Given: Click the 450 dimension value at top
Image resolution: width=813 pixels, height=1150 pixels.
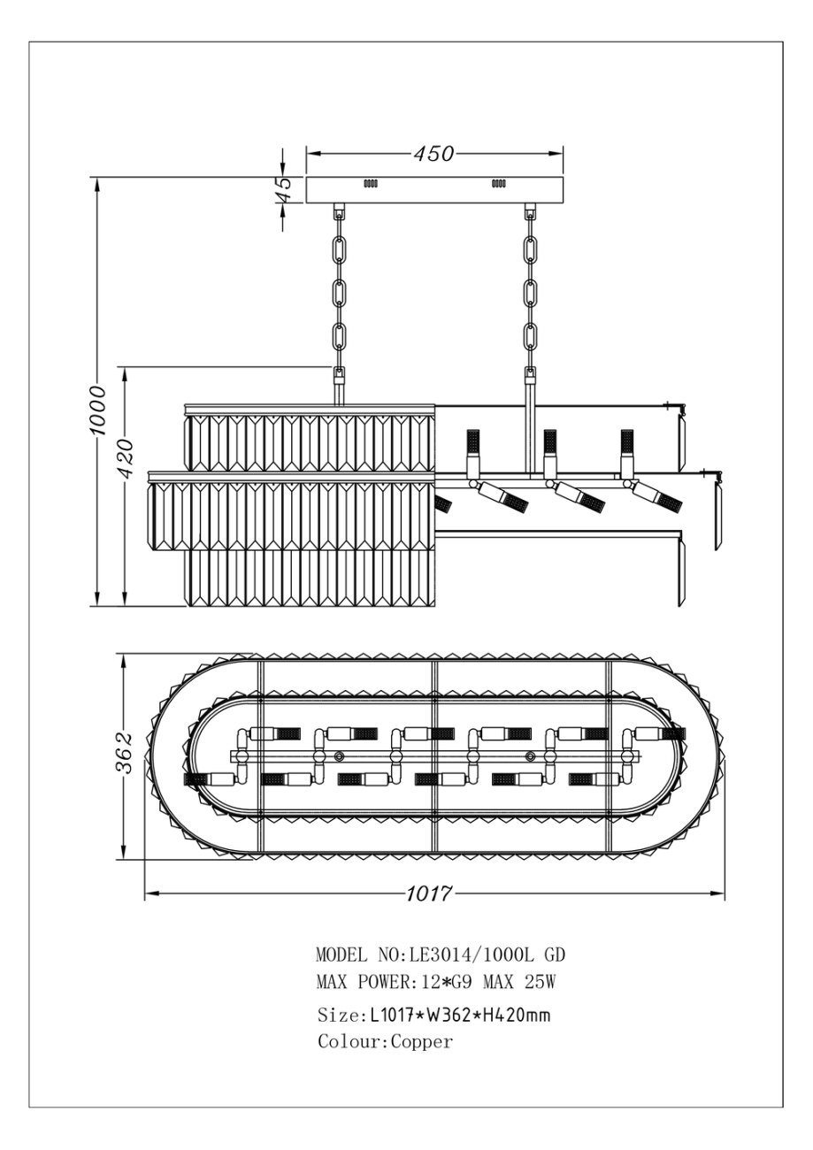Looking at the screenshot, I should (433, 154).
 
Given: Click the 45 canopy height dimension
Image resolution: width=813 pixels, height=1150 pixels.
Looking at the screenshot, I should (282, 189).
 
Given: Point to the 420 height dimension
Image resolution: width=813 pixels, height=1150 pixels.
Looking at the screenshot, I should (127, 457).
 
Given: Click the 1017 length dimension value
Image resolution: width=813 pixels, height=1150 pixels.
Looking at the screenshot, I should (429, 893).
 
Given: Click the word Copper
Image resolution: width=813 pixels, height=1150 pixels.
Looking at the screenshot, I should (422, 1042).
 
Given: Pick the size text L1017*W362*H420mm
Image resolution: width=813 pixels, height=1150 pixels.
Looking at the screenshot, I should (458, 1014).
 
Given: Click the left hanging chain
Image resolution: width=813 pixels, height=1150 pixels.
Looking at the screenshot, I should (339, 292).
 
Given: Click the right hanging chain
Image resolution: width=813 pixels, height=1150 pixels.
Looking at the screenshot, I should (530, 292).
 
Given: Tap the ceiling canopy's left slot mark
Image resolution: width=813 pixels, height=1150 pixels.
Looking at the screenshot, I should (371, 184).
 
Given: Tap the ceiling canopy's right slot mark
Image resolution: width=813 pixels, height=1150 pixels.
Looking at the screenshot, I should (498, 184).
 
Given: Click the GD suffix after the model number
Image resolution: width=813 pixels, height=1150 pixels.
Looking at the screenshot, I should (555, 955).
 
